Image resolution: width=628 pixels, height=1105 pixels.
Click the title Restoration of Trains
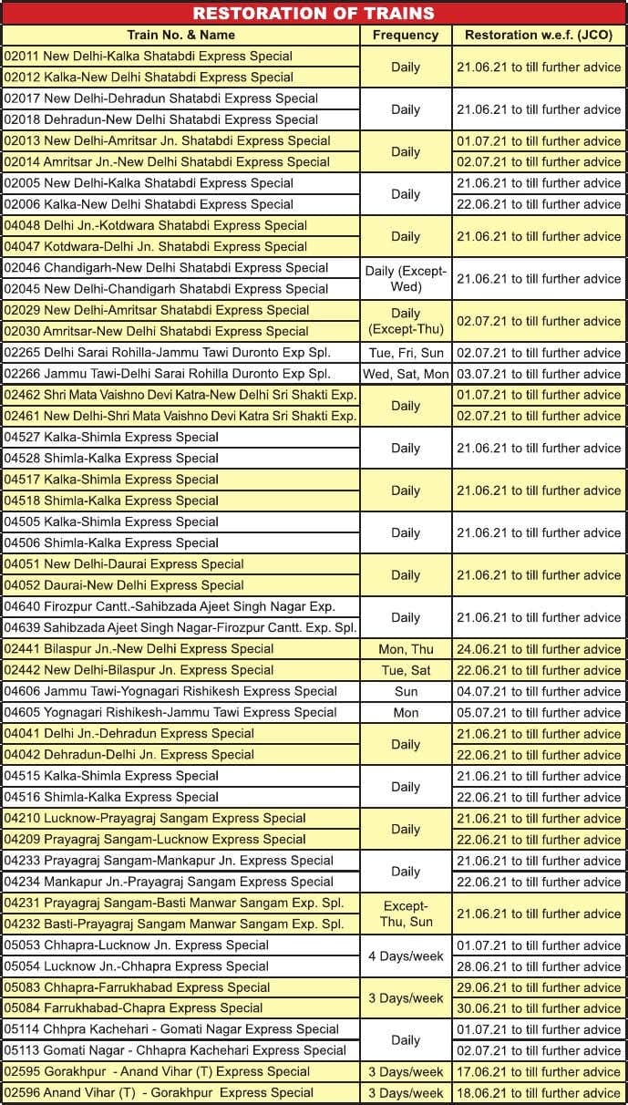point(314,13)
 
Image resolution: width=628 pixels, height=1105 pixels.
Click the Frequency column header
point(406,35)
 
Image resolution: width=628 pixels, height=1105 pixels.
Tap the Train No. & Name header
point(181,35)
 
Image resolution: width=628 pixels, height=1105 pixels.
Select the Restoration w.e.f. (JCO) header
point(539,35)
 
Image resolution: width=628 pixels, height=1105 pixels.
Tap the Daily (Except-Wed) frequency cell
point(406,278)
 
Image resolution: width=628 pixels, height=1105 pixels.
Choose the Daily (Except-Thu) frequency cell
point(406,321)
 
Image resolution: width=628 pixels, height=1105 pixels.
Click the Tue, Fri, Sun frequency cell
point(406,353)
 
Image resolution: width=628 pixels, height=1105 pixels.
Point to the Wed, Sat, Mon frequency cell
point(406,374)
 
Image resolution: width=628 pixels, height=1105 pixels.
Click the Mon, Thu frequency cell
point(406,649)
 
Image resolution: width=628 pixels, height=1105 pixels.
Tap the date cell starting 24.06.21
point(539,649)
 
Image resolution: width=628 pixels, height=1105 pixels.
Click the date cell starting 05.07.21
point(539,713)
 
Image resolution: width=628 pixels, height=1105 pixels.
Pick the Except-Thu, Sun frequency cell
point(406,914)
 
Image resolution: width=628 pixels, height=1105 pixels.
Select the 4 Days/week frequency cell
point(406,956)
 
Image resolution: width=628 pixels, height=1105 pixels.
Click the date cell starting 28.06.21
point(539,966)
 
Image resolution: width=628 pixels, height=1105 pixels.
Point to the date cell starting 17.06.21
point(539,1072)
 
